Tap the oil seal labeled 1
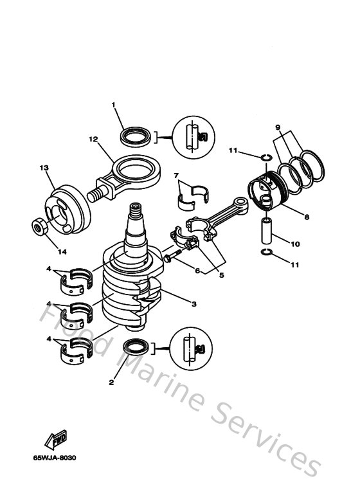point(133,136)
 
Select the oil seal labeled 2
point(134,348)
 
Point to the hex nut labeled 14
point(38,227)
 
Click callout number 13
point(44,168)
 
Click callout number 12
point(93,139)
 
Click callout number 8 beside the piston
point(307,217)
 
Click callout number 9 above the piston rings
point(278,128)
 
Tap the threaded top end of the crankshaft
point(136,210)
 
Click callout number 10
point(295,244)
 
